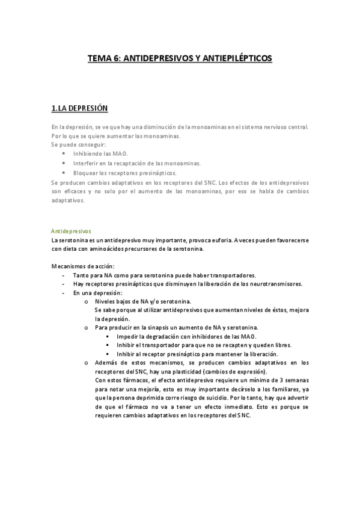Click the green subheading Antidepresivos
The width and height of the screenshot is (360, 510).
70,230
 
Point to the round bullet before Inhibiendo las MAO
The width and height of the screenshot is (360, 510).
64,154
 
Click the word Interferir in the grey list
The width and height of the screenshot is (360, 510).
87,163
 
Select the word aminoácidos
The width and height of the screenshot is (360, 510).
105,248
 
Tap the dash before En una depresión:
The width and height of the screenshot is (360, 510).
64,293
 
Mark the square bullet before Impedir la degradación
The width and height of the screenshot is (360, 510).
108,336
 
